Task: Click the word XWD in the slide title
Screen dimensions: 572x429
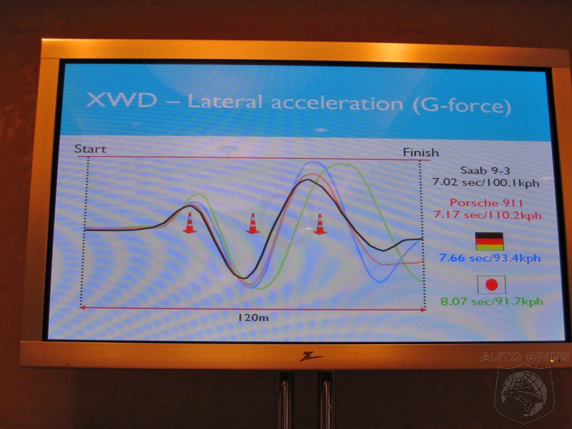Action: pyautogui.click(x=122, y=99)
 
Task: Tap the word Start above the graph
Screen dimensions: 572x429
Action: pyautogui.click(x=90, y=149)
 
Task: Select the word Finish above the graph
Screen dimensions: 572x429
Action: pyautogui.click(x=420, y=152)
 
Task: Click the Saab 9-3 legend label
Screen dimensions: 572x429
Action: pyautogui.click(x=485, y=170)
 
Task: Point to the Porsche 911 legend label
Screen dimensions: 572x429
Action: pyautogui.click(x=486, y=202)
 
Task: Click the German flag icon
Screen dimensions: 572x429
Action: pyautogui.click(x=489, y=242)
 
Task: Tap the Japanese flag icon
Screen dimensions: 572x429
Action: pyautogui.click(x=491, y=285)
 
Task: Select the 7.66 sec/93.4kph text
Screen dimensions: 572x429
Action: pyautogui.click(x=490, y=258)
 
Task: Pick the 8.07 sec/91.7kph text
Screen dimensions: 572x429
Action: pyautogui.click(x=492, y=302)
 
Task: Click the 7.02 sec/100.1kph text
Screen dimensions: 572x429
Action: pyautogui.click(x=485, y=182)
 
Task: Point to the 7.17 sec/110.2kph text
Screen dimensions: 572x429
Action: pyautogui.click(x=488, y=214)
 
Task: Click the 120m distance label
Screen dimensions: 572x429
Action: pyautogui.click(x=254, y=317)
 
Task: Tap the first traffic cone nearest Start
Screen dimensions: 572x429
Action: pyautogui.click(x=189, y=223)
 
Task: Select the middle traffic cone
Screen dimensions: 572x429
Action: pyautogui.click(x=253, y=223)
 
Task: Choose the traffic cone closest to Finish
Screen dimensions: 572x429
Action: pyautogui.click(x=320, y=224)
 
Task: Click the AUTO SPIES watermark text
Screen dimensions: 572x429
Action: pyautogui.click(x=524, y=357)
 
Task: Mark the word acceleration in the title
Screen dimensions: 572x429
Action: pyautogui.click(x=337, y=103)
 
